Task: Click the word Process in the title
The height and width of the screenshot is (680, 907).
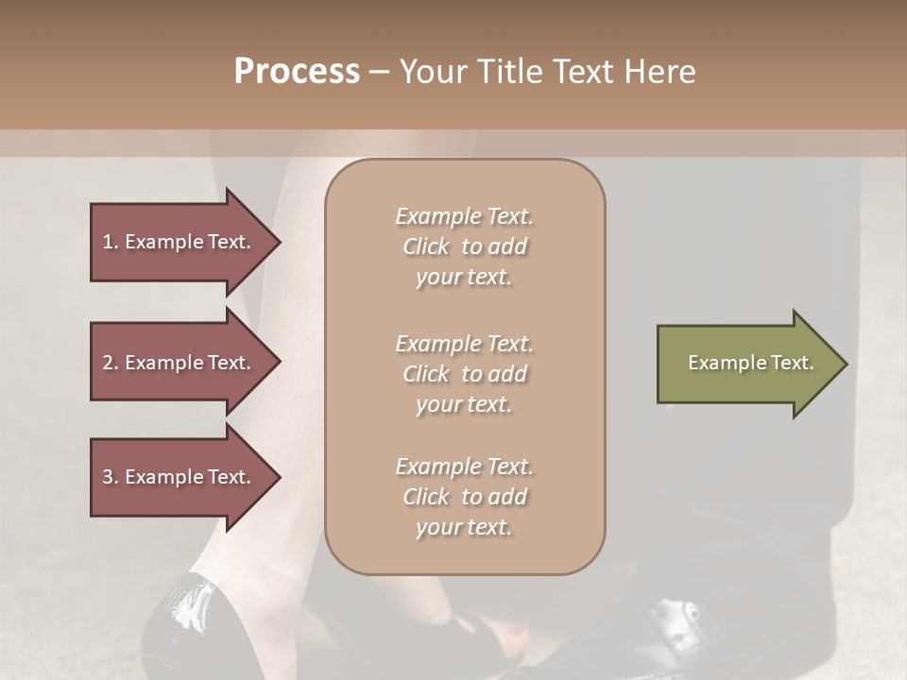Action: coord(297,72)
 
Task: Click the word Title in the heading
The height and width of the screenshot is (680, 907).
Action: coord(507,72)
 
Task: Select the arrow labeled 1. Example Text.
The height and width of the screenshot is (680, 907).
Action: coord(180,242)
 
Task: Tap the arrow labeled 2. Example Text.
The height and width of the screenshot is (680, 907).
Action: coord(180,363)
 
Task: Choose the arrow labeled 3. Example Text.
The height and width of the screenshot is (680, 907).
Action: coord(180,477)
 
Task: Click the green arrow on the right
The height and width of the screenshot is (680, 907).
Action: coord(746,363)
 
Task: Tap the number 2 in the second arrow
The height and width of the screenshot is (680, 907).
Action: coord(108,363)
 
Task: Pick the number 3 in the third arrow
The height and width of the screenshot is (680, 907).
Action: coord(108,477)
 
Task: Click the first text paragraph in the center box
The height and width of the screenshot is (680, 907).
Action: coord(465,246)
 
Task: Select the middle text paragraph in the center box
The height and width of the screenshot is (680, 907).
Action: coord(465,374)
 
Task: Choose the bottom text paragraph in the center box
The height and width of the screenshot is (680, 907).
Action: coord(465,497)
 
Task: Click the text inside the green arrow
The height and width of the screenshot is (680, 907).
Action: coord(750,363)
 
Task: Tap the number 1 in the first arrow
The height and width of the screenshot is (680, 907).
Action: coord(107,242)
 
